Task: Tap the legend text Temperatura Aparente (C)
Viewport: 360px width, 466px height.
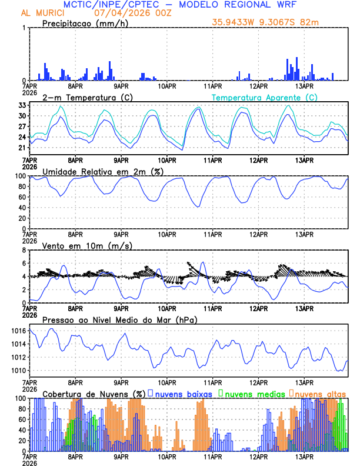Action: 264,97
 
